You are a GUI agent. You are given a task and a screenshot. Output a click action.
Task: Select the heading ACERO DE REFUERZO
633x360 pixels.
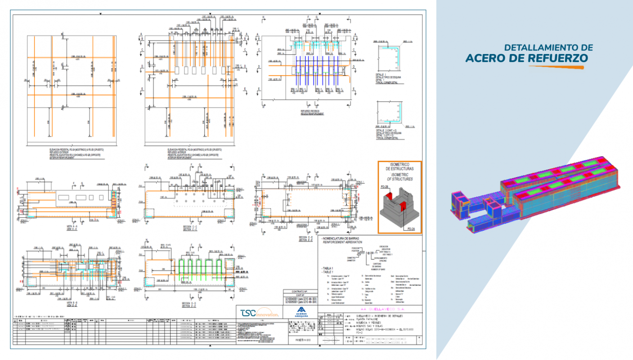click(x=526, y=58)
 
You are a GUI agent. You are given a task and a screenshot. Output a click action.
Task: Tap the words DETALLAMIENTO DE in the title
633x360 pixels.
click(x=548, y=47)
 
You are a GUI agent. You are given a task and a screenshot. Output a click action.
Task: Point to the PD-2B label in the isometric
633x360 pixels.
click(x=385, y=186)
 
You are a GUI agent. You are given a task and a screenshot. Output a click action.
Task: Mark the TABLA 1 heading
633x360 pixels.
click(x=328, y=268)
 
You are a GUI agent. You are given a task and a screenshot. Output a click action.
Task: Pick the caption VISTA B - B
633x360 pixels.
click(x=66, y=303)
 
